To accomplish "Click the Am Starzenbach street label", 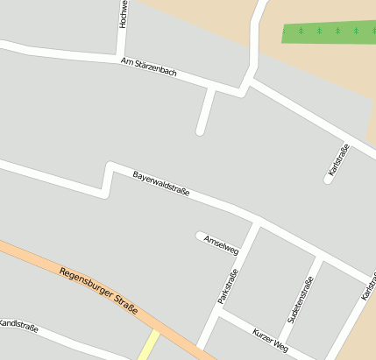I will (x=149, y=67).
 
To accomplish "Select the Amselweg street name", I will (x=221, y=244).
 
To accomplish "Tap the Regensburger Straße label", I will (x=99, y=289).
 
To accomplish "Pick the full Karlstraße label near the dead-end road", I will (x=338, y=161).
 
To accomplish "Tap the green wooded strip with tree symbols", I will (x=329, y=32).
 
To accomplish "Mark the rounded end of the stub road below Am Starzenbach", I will (x=201, y=131).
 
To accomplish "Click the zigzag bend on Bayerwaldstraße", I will (x=108, y=177).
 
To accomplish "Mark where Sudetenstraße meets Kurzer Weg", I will (x=282, y=345).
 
